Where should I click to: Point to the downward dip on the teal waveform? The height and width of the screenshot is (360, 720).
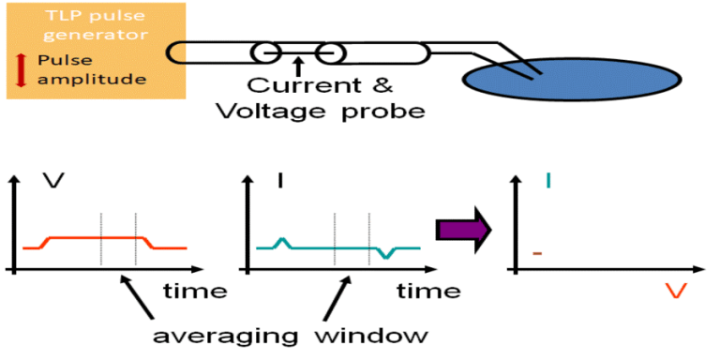tap(383, 254)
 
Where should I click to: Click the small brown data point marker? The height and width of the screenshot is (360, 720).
tap(538, 253)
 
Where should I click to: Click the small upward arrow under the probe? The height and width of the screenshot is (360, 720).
tap(297, 66)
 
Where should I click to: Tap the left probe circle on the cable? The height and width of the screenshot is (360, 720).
tap(266, 51)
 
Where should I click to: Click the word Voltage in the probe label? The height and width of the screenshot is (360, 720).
tap(268, 110)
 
